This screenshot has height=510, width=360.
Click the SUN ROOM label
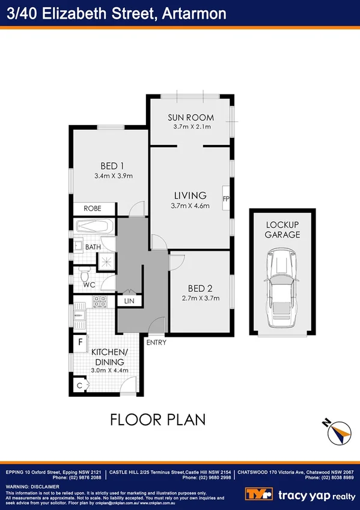[190, 117]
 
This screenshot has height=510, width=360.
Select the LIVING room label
[190, 195]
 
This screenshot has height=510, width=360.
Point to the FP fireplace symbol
[226, 198]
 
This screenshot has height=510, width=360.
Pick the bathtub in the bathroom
[93, 227]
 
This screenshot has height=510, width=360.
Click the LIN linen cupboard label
[129, 301]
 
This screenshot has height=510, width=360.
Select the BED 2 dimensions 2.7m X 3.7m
[200, 298]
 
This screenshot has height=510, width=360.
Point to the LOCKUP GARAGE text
[282, 230]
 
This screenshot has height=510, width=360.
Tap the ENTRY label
[156, 342]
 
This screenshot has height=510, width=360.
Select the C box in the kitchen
[79, 385]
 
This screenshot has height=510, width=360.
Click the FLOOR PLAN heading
[158, 419]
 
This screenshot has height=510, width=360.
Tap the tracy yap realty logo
[301, 494]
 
